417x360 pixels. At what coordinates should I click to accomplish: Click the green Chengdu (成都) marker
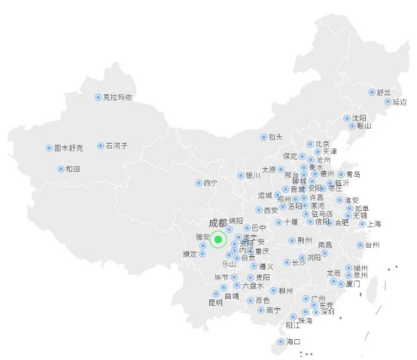pos(218,240)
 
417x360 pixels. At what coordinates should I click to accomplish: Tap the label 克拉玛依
pos(118,97)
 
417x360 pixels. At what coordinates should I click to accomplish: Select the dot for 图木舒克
pos(49,148)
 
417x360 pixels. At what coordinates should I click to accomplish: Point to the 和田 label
pos(73,169)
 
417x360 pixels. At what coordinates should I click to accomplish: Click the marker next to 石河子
pos(100,146)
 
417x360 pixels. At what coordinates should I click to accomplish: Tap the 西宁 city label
pos(210,183)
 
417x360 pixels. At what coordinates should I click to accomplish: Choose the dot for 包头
pos(263,137)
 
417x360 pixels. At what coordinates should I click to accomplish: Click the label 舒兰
pos(384,92)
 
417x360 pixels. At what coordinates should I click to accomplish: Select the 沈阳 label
pos(359,118)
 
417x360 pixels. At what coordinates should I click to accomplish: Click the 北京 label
pos(322,144)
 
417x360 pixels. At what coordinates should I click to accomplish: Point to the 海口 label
pos(293,341)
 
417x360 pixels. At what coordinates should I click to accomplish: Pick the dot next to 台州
pos(360,245)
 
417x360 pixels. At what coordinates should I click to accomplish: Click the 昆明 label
pos(216,302)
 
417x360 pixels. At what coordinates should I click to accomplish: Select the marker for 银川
pos(241,175)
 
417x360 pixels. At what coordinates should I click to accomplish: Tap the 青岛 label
pos(353,174)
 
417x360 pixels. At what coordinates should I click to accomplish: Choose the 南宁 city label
pos(273,310)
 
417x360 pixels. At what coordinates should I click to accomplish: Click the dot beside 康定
pos(203,253)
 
